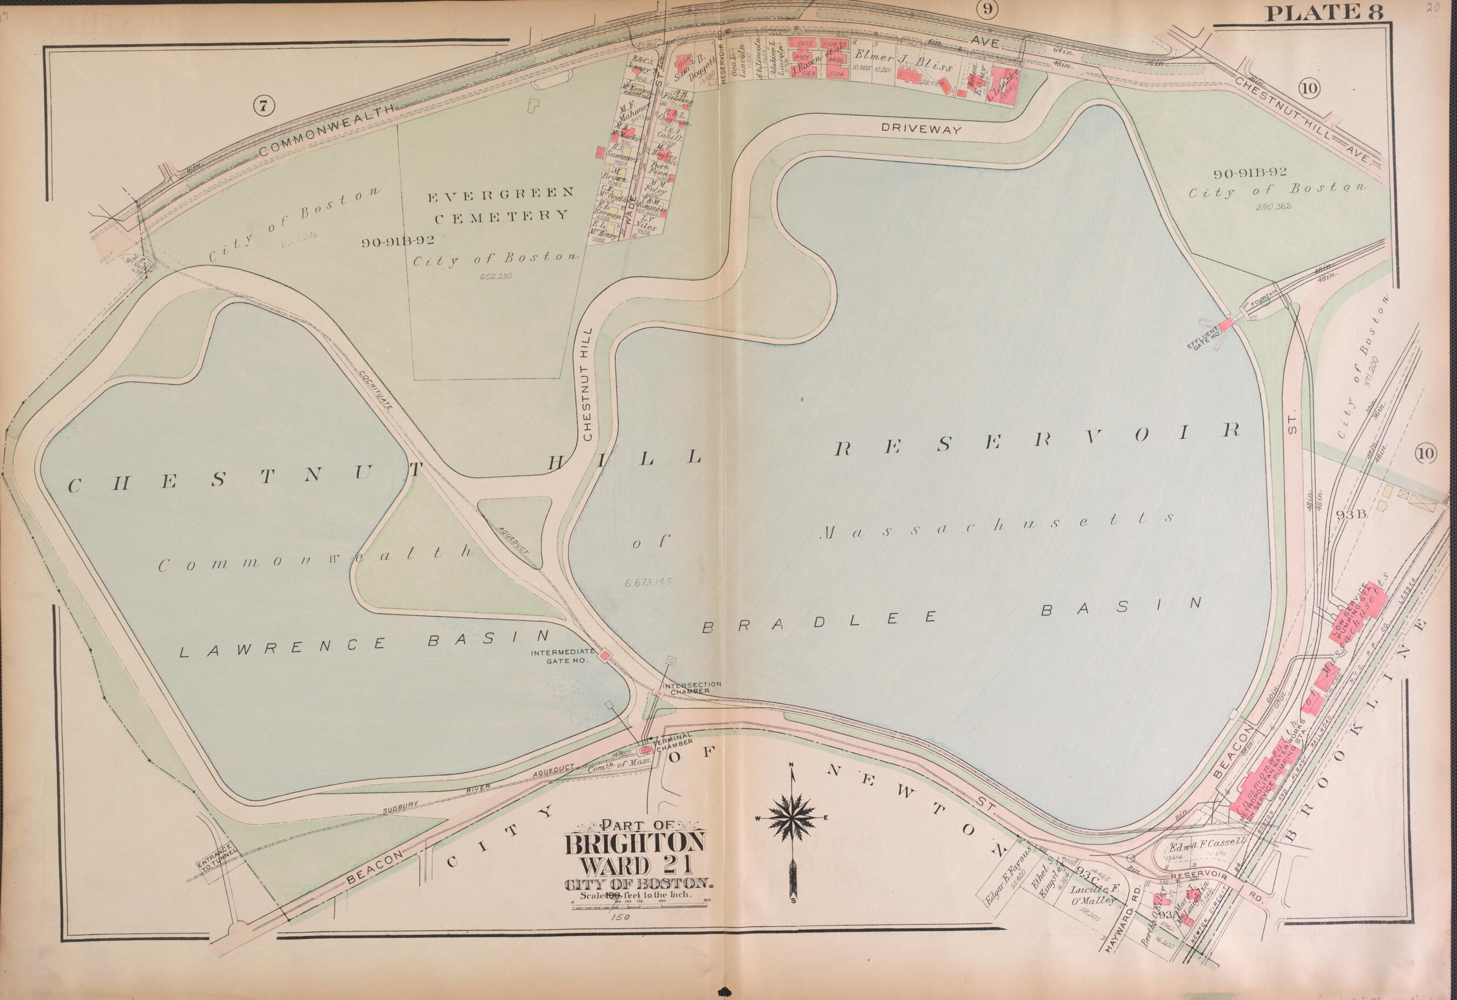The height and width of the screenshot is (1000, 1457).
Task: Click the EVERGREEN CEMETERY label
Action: [x=500, y=205]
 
